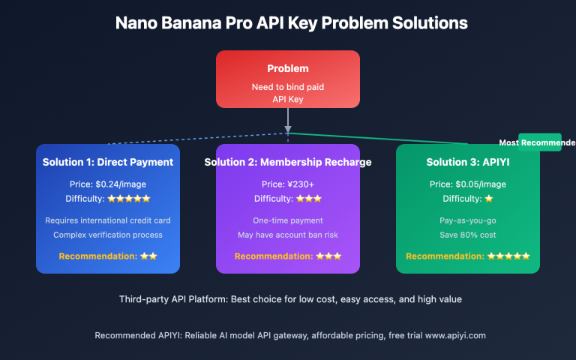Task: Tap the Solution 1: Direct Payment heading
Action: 108,162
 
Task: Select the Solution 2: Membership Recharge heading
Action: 289,162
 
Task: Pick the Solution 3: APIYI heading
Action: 468,162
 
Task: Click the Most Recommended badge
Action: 538,142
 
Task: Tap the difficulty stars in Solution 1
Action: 129,199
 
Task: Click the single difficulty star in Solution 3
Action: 489,199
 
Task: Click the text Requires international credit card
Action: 108,220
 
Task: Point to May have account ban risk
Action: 288,235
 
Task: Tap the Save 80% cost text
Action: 468,235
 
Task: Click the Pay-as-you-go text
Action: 468,220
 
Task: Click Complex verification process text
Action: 108,235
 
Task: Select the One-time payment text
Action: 288,220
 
